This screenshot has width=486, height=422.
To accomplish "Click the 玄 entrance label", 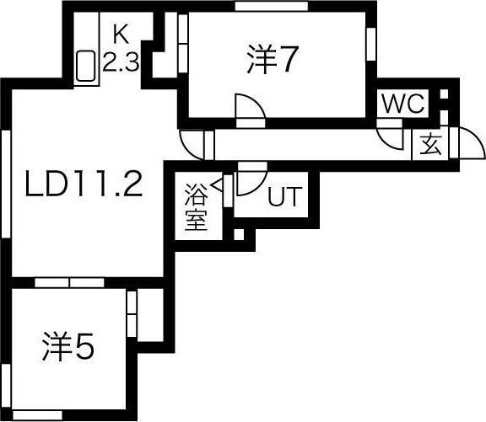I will [430, 145].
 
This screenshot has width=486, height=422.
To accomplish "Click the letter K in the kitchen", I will [121, 35].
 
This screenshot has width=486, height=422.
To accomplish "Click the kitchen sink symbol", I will [86, 67].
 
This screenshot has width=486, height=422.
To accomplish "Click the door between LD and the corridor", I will [193, 144].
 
